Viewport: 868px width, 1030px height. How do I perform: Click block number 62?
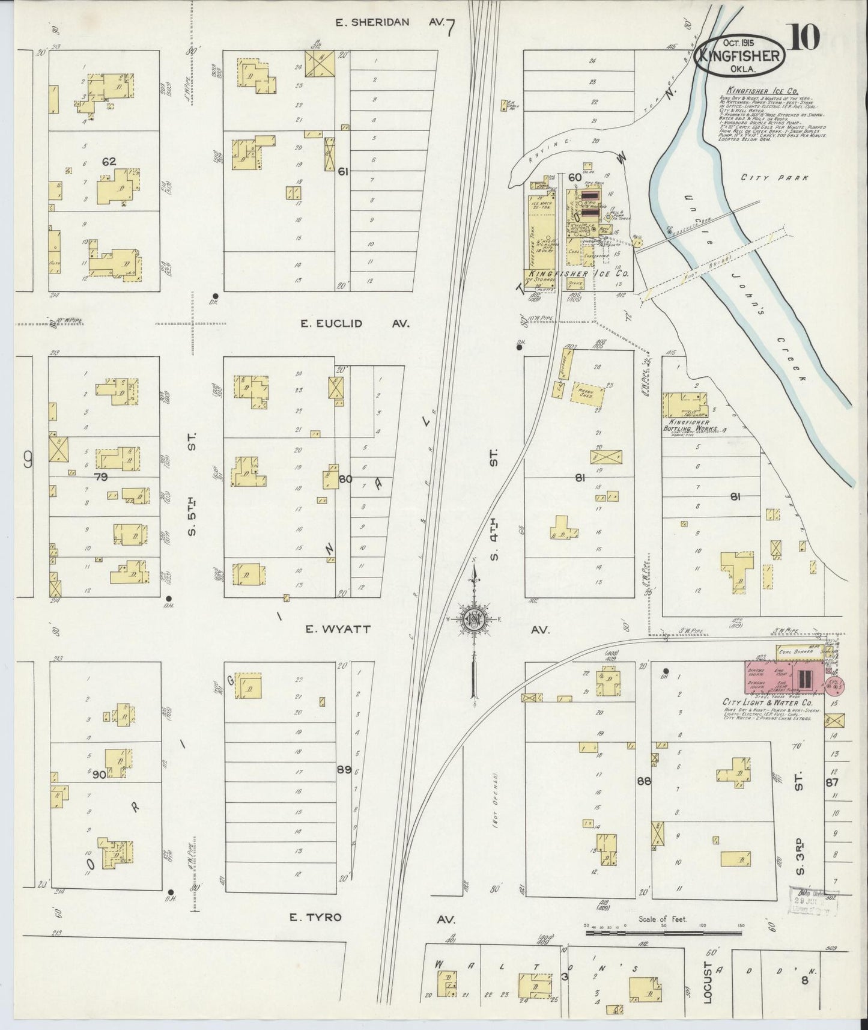click(x=109, y=161)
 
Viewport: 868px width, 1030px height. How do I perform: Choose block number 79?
click(x=100, y=477)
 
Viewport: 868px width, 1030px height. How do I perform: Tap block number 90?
click(x=99, y=775)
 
